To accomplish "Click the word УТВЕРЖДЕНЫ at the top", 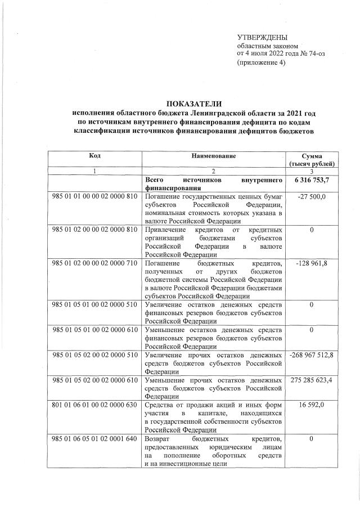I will [x=263, y=37].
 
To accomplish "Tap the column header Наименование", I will [x=213, y=155].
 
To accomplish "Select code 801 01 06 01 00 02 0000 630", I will [x=94, y=405].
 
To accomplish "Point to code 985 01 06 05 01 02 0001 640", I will [x=94, y=438].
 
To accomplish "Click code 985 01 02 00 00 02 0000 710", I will [x=94, y=263].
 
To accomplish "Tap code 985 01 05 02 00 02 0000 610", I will [x=94, y=380].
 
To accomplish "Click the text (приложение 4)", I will [x=261, y=62].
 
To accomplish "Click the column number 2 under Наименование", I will [x=213, y=171].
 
